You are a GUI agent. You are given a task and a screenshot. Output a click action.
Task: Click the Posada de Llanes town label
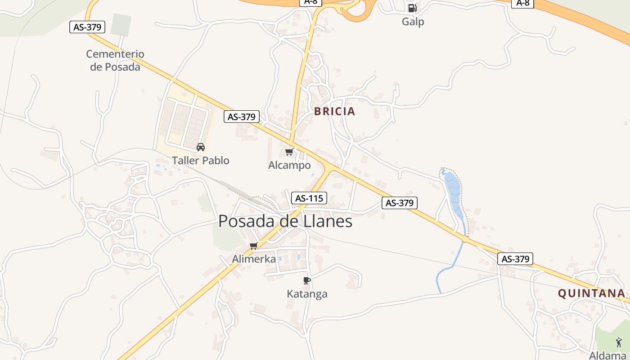(x=285, y=221)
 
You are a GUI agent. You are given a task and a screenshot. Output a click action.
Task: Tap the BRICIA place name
(x=334, y=112)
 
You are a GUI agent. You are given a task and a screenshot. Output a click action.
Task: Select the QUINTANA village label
(x=591, y=293)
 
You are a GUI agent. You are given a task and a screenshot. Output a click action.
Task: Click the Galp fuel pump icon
(x=412, y=8)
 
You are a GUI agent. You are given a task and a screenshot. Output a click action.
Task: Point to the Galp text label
(x=413, y=22)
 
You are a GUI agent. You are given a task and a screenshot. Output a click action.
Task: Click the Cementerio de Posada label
(x=115, y=60)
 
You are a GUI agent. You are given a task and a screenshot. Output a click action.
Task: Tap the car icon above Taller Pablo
(x=201, y=147)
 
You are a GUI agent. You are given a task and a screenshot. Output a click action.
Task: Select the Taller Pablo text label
(x=201, y=161)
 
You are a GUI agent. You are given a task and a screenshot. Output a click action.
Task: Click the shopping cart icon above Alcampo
(x=289, y=152)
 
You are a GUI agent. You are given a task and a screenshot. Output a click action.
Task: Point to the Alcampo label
(x=289, y=165)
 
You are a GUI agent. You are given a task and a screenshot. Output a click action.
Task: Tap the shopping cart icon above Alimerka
(x=254, y=246)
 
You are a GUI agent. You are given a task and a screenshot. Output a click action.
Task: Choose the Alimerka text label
(x=254, y=259)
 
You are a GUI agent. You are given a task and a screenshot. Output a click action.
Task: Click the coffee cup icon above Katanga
(x=307, y=280)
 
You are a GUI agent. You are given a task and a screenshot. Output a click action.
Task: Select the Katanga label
(x=307, y=294)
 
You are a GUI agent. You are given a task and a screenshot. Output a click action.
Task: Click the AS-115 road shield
(x=309, y=198)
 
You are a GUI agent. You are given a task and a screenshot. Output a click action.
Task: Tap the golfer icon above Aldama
(x=619, y=342)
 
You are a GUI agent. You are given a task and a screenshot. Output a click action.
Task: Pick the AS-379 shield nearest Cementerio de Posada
(x=88, y=27)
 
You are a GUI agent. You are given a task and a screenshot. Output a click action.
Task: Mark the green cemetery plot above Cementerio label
(x=121, y=25)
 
